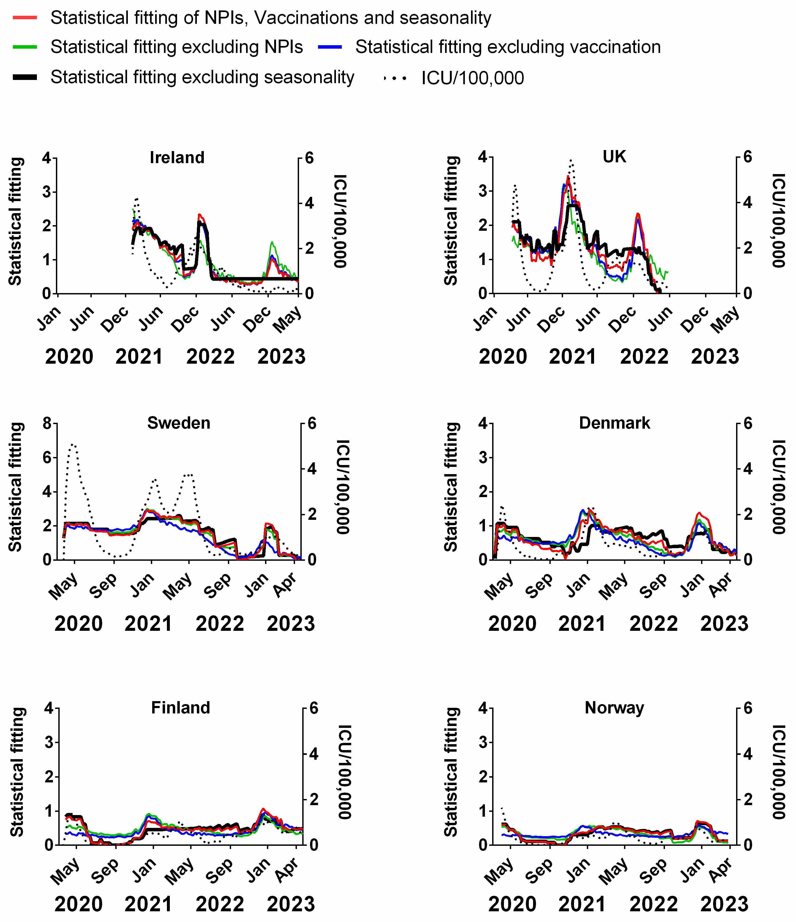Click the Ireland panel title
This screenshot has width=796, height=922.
[x=177, y=157]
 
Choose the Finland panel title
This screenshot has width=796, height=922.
[x=180, y=708]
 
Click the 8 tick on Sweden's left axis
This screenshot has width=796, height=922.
[x=47, y=423]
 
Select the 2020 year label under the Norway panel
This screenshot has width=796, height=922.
[x=512, y=904]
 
